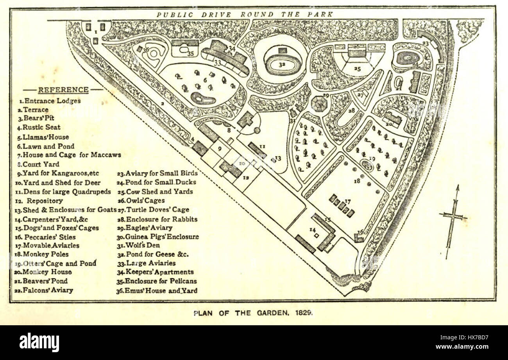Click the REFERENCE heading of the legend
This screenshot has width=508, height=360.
(63, 90)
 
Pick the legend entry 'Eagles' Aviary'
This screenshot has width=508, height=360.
(144, 228)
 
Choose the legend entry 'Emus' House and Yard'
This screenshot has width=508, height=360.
(157, 290)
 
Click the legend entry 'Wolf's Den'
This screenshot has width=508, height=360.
(140, 245)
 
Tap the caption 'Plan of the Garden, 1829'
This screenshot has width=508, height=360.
(253, 313)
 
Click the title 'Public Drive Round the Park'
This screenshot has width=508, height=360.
(245, 14)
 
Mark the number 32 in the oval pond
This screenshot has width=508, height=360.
(282, 63)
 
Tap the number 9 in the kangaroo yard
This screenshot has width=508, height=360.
(220, 148)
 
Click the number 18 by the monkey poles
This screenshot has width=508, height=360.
(357, 181)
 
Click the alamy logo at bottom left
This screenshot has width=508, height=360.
(39, 342)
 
